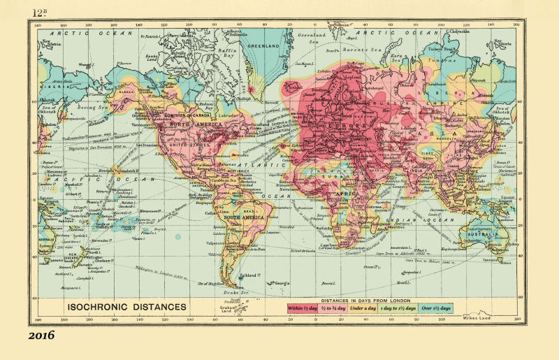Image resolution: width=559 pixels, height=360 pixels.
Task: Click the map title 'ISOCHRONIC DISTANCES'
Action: point(126,305)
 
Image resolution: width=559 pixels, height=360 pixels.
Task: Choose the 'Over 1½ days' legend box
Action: point(435,308)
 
